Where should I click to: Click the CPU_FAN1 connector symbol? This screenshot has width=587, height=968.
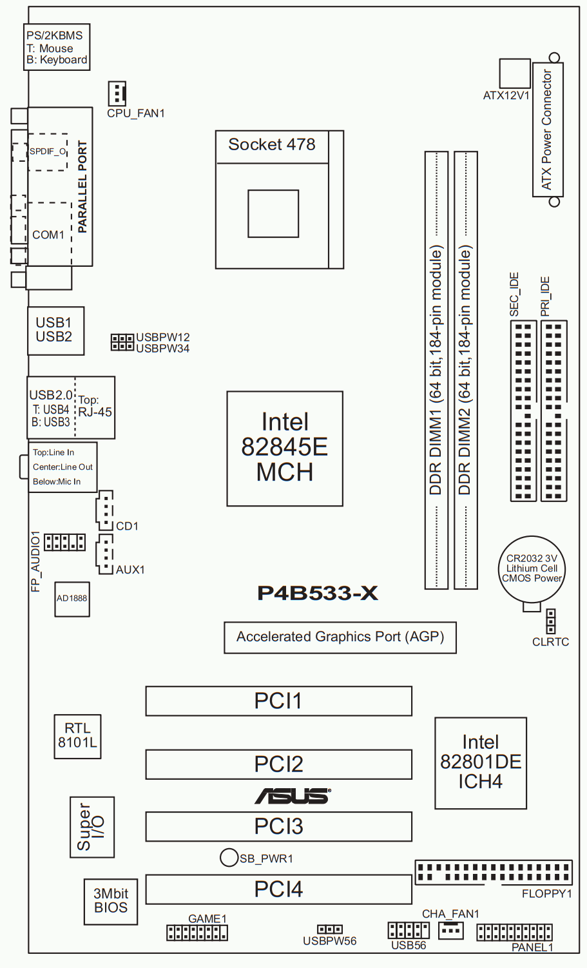[117, 93]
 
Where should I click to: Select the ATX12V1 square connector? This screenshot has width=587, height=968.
[515, 73]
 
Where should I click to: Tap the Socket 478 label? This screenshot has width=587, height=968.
[272, 145]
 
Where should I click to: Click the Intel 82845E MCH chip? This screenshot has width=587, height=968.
[285, 448]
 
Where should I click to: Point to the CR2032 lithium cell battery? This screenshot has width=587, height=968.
[532, 569]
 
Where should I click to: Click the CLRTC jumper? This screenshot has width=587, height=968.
[550, 621]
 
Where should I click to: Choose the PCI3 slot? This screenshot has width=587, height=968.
[278, 826]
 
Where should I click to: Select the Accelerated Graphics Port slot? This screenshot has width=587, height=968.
[340, 637]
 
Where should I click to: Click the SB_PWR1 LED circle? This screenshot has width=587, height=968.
[229, 857]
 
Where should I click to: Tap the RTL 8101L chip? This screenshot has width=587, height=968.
[77, 735]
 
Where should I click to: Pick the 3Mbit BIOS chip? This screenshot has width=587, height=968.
[111, 901]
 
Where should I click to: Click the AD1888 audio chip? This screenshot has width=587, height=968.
[72, 599]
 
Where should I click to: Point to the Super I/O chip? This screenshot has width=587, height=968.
[91, 827]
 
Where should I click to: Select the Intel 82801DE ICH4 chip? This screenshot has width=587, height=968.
[481, 762]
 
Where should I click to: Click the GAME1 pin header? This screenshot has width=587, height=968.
[197, 933]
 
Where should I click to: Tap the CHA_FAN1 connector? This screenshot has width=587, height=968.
[450, 930]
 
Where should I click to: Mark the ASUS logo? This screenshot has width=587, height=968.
[293, 796]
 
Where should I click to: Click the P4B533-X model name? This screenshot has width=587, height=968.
[317, 593]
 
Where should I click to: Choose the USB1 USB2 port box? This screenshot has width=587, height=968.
[55, 330]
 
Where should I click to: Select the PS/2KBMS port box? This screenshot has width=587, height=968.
[57, 48]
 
